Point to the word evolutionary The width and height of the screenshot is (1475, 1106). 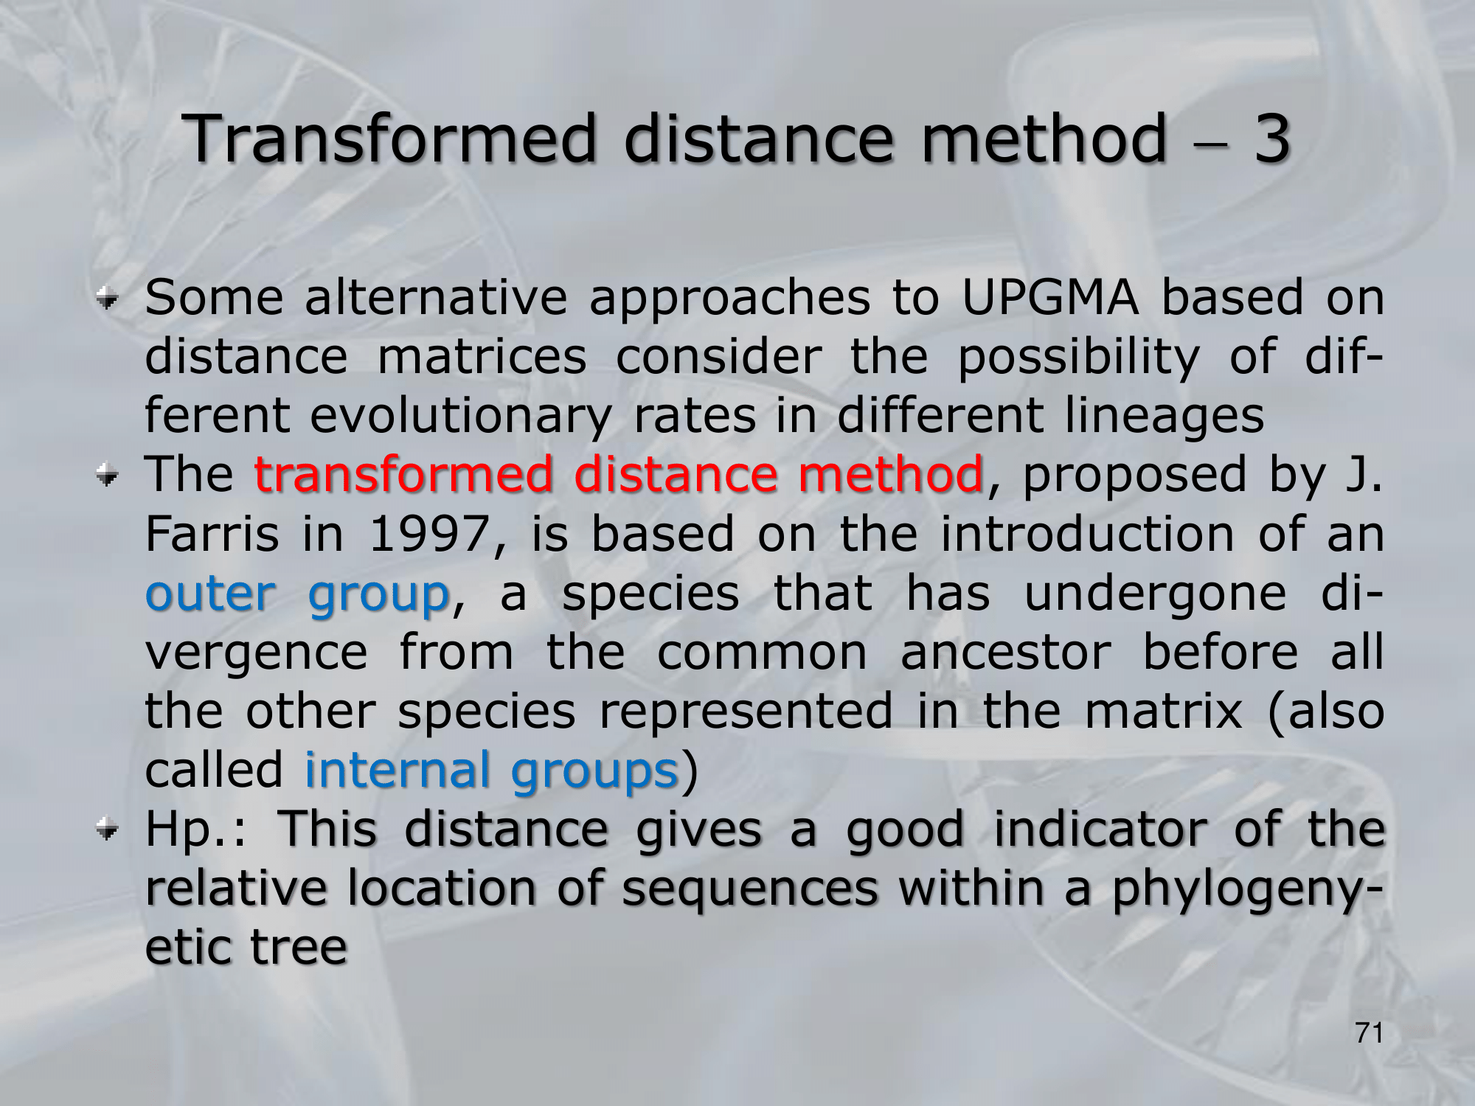click(460, 417)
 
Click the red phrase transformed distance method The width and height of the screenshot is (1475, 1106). click(619, 474)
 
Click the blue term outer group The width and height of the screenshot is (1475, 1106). click(297, 594)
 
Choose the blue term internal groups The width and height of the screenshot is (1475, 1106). click(491, 771)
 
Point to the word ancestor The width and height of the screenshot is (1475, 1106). click(1006, 653)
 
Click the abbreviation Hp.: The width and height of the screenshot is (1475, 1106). click(195, 830)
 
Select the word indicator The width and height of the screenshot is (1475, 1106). click(1101, 829)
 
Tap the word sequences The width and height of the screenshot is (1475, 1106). click(750, 889)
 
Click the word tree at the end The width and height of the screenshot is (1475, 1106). click(299, 947)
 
